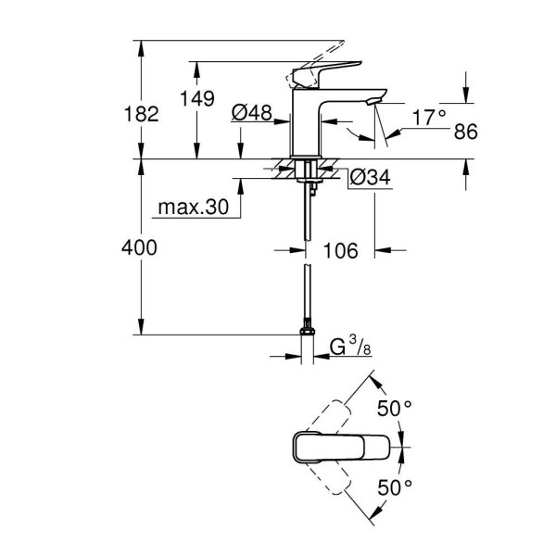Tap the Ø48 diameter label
point(251,113)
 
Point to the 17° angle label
point(427,117)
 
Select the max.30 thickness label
point(192,208)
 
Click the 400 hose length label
point(141,248)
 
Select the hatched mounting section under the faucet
point(305,170)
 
